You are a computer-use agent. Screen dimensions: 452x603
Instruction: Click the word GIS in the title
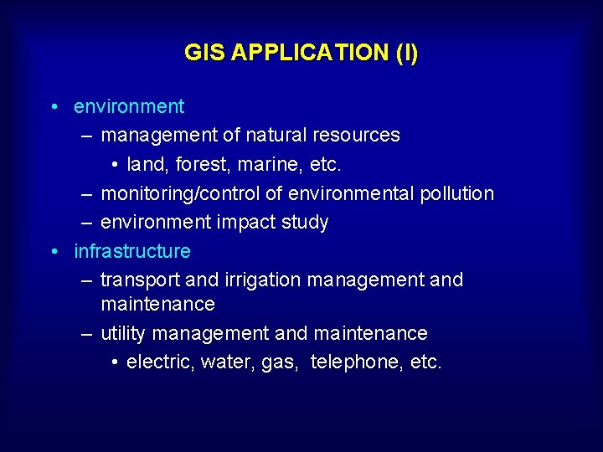(204, 53)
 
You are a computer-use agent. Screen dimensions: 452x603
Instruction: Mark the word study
(306, 223)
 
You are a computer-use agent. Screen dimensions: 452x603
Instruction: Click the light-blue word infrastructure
(132, 251)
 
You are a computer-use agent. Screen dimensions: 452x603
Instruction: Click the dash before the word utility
(86, 333)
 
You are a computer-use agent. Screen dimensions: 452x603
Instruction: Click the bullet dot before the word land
(114, 164)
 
